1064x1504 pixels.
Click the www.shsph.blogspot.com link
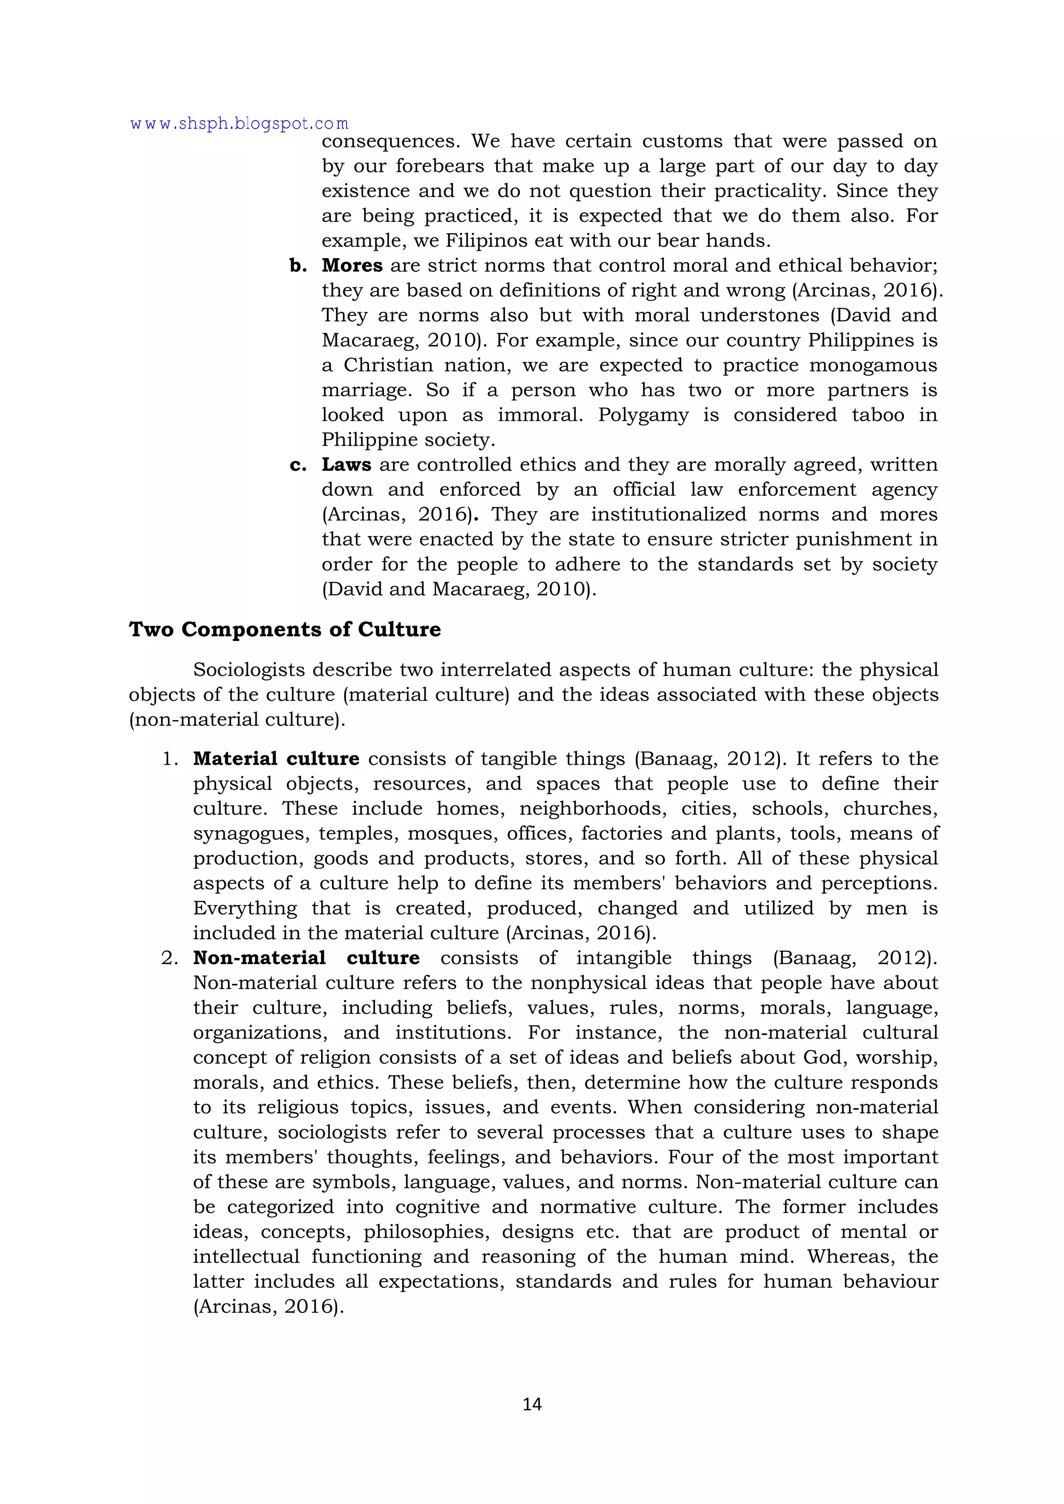(239, 123)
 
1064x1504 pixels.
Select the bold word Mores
(352, 265)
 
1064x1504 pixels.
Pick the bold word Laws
(346, 464)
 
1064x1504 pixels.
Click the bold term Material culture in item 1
(276, 758)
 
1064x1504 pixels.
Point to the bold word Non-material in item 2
(259, 957)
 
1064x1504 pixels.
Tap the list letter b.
(298, 266)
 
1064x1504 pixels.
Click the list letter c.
(298, 465)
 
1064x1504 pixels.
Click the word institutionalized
(658, 515)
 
